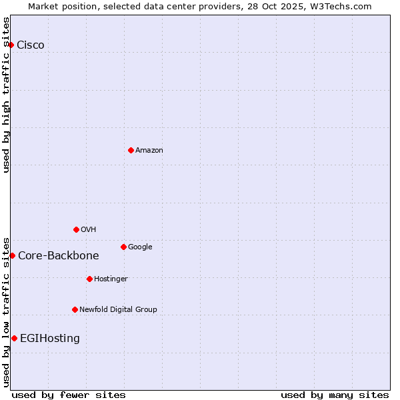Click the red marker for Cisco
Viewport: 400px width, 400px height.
(11, 45)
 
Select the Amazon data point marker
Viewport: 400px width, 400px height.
(131, 150)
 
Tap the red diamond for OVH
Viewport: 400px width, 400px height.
(76, 229)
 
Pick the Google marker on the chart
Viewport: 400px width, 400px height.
(123, 247)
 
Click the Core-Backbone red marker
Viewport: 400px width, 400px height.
(12, 255)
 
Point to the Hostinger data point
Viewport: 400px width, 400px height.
(89, 279)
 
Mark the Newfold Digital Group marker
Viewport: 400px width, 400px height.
(75, 309)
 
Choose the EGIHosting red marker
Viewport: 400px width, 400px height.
(14, 338)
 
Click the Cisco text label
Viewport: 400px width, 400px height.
(31, 45)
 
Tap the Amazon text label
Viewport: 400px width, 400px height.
(149, 150)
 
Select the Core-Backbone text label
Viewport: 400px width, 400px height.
(59, 255)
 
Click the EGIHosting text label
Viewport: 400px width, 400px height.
(50, 338)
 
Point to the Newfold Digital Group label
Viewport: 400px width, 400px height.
(119, 309)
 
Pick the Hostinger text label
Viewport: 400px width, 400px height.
(111, 279)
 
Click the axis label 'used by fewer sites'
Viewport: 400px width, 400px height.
(69, 395)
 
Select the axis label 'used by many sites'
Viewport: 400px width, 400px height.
(335, 395)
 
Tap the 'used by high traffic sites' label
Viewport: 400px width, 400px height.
(6, 95)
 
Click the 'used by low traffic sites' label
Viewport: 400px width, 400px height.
(6, 311)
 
